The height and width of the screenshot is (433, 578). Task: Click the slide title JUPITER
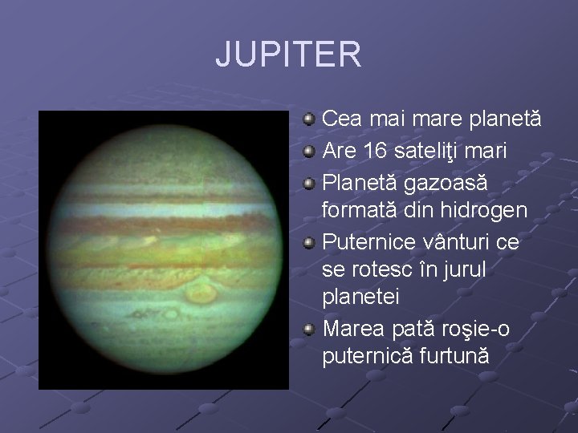click(x=288, y=55)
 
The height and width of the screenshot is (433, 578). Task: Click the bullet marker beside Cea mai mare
click(x=308, y=120)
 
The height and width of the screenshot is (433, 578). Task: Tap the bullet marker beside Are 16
click(x=308, y=151)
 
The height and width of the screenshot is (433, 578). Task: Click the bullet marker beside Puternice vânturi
click(x=308, y=241)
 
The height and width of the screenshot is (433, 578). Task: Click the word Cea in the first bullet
click(x=340, y=119)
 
